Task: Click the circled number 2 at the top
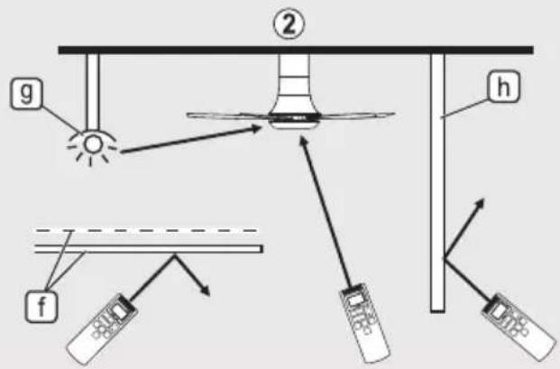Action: [x=289, y=24]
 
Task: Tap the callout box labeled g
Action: [x=26, y=94]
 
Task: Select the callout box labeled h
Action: [x=503, y=87]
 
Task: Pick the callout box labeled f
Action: [x=41, y=307]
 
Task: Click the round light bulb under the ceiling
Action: [x=93, y=144]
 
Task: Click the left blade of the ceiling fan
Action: [x=228, y=115]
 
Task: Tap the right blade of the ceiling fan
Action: [x=357, y=115]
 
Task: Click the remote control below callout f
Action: [x=102, y=327]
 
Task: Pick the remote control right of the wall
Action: [x=519, y=327]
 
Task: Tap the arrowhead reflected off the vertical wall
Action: [x=479, y=205]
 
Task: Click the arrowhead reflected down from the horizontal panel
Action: [x=205, y=290]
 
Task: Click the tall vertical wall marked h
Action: [x=437, y=183]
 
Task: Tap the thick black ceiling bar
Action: [x=296, y=50]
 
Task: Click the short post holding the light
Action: [x=93, y=91]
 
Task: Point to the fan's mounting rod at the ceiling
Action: [x=294, y=76]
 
